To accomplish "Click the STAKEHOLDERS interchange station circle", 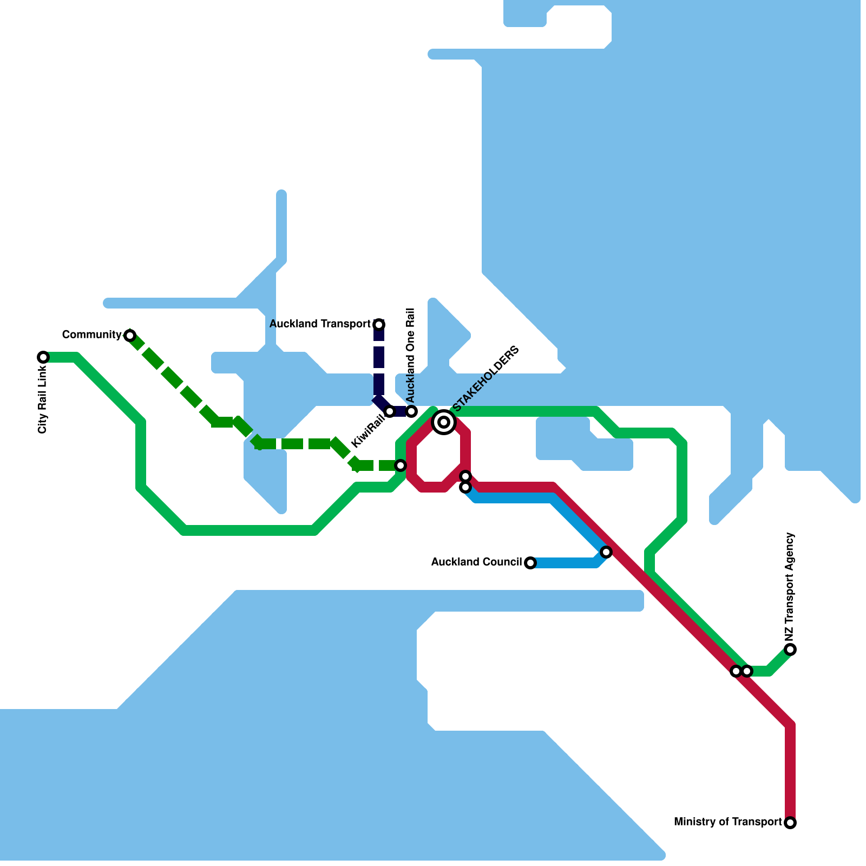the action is pos(444,422).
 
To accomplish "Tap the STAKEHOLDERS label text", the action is pos(486,378).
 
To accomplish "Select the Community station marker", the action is pos(130,336).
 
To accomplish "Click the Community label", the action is pos(91,335).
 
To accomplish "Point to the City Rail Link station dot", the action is pos(43,357).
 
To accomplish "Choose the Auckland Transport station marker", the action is pos(379,325).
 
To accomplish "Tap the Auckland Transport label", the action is pos(320,324).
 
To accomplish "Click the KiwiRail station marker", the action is pos(390,411).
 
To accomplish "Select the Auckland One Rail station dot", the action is pos(411,411).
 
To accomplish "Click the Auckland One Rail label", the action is pos(410,355).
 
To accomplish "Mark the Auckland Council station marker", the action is pos(530,563).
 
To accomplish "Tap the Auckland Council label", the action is pos(476,562).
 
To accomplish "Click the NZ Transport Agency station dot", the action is pos(790,649).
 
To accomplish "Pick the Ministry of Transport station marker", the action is pos(790,823).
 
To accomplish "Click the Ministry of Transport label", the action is pos(727,822).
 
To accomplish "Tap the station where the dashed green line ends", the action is pos(401,465).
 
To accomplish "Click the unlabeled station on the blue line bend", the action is pos(606,552).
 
